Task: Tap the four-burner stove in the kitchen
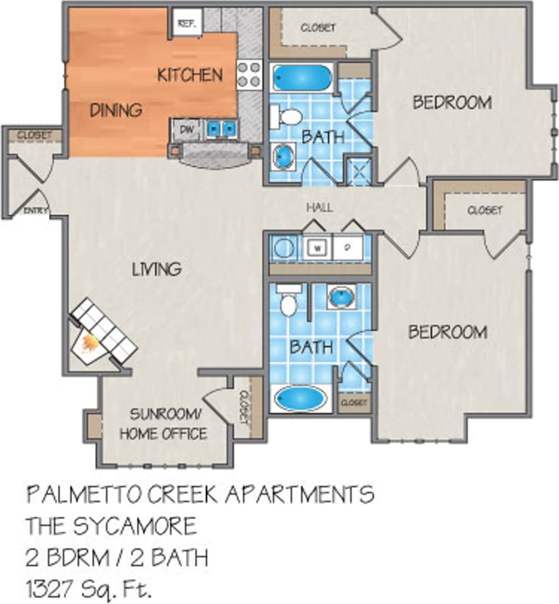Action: coord(249,75)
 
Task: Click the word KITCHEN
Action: coord(190,75)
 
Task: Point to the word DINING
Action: coord(116,110)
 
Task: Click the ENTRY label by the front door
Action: coord(35,210)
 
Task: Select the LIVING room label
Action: coord(157,269)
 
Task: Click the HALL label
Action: coord(320,208)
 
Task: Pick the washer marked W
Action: coord(317,248)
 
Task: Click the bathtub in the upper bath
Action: coord(302,77)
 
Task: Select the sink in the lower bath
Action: coord(342,297)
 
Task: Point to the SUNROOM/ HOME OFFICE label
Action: coord(164,424)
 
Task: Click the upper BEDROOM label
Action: coord(452,103)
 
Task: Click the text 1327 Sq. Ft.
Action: coord(89,589)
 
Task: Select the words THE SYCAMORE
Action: coord(112,526)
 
